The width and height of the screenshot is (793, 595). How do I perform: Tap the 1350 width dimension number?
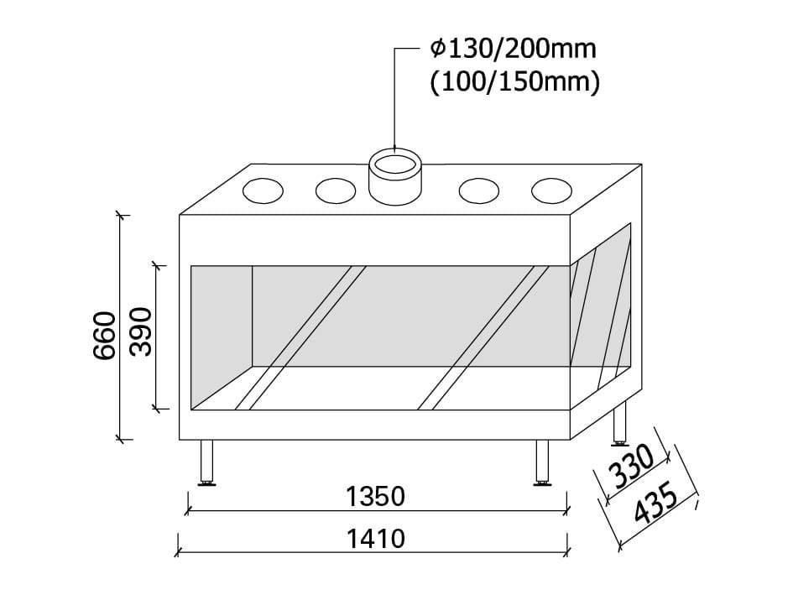375,497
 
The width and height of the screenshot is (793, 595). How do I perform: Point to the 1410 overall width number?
375,538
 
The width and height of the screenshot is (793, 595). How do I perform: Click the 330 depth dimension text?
631,467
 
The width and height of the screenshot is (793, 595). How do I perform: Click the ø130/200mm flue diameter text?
513,49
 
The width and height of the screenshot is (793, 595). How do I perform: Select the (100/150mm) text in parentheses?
514,84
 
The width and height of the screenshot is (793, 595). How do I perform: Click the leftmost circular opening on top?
263,191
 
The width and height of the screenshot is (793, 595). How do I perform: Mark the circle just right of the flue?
479,191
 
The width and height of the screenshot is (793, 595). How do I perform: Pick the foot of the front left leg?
206,483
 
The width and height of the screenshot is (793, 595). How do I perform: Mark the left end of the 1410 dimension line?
179,553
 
